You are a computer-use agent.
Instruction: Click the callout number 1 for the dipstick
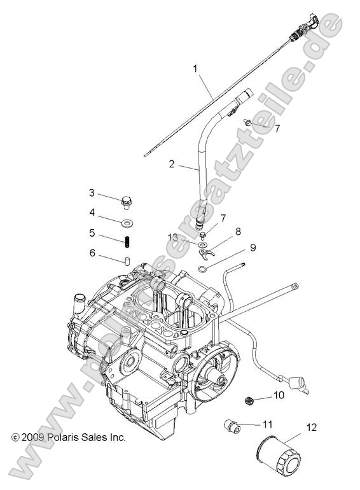point(195,69)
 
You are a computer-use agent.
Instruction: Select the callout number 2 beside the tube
point(172,164)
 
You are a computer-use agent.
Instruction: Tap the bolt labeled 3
point(126,202)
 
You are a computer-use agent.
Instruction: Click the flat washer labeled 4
point(127,223)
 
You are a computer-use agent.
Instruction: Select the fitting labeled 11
point(233,426)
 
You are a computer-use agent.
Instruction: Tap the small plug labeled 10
point(249,400)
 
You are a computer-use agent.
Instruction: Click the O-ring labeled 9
point(202,268)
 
